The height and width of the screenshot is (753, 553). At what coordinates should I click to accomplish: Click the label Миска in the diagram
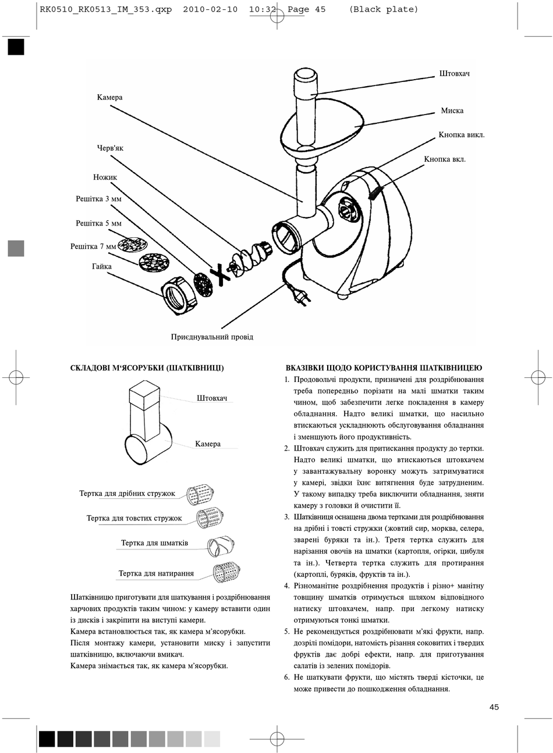point(452,110)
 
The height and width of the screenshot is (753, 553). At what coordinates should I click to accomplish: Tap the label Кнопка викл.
point(462,135)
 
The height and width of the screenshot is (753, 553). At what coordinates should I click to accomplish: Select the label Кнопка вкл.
point(445,159)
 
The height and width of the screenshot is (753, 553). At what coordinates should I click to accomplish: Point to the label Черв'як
point(110,148)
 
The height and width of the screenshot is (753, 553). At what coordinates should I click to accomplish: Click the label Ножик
point(105,177)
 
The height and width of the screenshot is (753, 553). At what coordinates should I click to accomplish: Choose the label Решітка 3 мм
point(98,199)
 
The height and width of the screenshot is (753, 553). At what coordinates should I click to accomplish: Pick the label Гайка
point(102,266)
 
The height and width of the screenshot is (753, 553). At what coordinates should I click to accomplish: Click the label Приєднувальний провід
point(212,337)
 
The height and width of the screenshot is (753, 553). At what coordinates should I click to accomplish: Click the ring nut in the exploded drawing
point(178,295)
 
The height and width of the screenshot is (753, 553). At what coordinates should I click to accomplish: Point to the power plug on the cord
point(301,298)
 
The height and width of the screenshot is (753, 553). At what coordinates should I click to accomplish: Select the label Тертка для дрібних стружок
point(127,494)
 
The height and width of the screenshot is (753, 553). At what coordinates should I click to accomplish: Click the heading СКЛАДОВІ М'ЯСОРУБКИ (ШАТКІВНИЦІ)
point(147,367)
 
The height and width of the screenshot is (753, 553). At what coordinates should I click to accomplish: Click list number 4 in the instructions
point(287,586)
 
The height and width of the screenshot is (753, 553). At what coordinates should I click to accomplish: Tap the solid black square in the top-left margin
point(16,47)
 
